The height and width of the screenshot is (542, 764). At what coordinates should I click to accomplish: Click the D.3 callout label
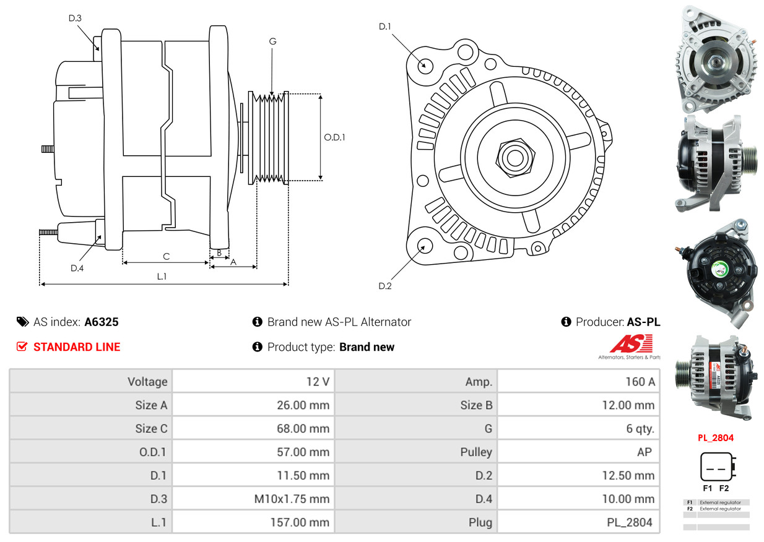pos(75,18)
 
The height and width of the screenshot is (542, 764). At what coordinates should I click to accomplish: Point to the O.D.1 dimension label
pos(334,137)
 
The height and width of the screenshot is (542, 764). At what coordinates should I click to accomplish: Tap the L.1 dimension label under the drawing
pos(162,277)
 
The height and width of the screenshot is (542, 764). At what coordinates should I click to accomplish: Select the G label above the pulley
pos(272,41)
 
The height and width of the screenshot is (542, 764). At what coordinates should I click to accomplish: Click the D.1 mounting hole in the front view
pos(425,65)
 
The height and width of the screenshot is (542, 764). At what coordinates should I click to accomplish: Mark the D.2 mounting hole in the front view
pos(424,246)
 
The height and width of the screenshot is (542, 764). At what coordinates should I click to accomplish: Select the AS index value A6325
pos(102,322)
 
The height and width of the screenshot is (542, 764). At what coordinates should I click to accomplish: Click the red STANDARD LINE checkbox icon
pos(22,347)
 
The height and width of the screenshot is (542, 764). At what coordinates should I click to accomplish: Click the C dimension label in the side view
pos(166,256)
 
